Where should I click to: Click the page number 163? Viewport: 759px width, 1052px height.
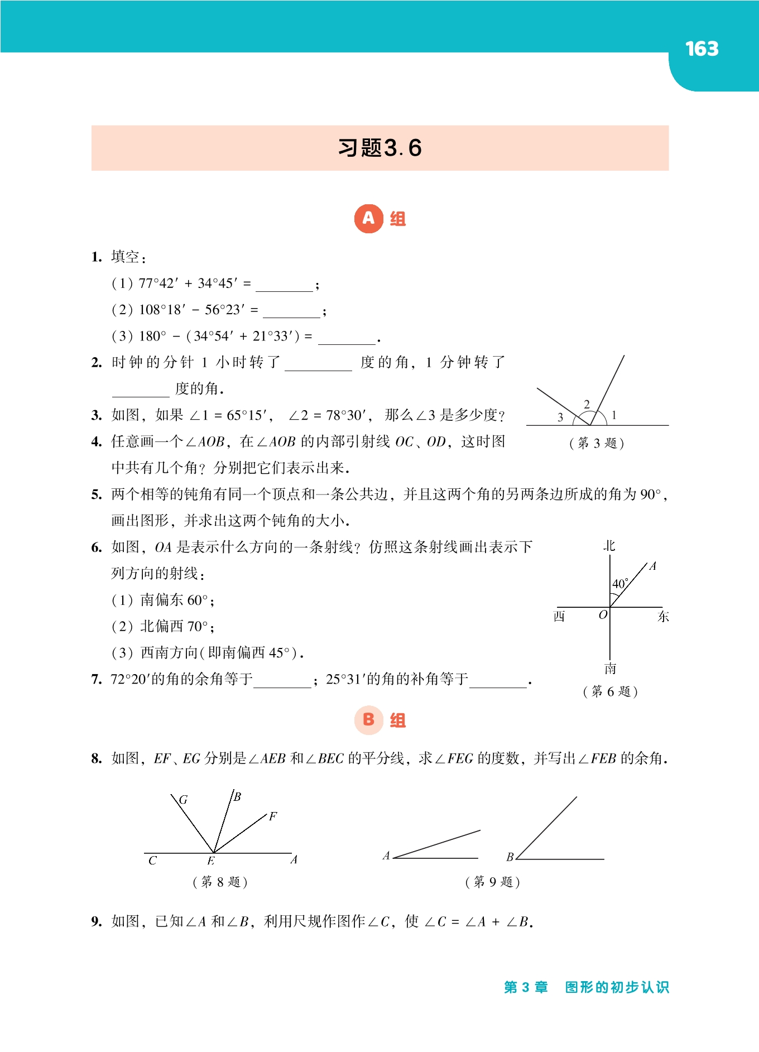pyautogui.click(x=702, y=49)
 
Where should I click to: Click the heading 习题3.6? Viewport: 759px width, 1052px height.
pyautogui.click(x=379, y=148)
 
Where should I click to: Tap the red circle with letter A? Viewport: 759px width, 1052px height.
pyautogui.click(x=368, y=218)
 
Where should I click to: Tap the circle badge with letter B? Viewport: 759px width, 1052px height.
pyautogui.click(x=368, y=719)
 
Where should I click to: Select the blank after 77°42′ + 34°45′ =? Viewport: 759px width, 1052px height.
pyautogui.click(x=284, y=286)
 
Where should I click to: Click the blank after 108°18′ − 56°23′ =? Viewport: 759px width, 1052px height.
pyautogui.click(x=291, y=312)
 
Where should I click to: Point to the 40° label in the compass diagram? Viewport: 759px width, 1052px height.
pyautogui.click(x=620, y=584)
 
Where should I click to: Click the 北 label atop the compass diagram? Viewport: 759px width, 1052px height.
pyautogui.click(x=609, y=545)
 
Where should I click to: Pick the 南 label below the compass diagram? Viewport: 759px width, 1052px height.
pyautogui.click(x=610, y=668)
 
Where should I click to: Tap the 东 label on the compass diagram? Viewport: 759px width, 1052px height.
pyautogui.click(x=663, y=616)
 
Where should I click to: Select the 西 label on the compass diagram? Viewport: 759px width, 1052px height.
pyautogui.click(x=559, y=616)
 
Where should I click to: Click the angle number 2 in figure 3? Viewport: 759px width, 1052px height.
pyautogui.click(x=587, y=404)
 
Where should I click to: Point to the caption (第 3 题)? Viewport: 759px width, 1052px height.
pyautogui.click(x=597, y=443)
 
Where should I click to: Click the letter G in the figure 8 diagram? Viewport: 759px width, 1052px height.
pyautogui.click(x=183, y=800)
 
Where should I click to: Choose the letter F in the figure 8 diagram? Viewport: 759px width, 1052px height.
pyautogui.click(x=273, y=816)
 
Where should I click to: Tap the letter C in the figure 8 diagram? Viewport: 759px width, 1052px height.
pyautogui.click(x=152, y=861)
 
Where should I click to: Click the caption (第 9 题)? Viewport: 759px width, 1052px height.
pyautogui.click(x=492, y=882)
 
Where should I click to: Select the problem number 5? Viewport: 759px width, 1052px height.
pyautogui.click(x=96, y=494)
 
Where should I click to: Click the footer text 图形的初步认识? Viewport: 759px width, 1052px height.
pyautogui.click(x=617, y=987)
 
